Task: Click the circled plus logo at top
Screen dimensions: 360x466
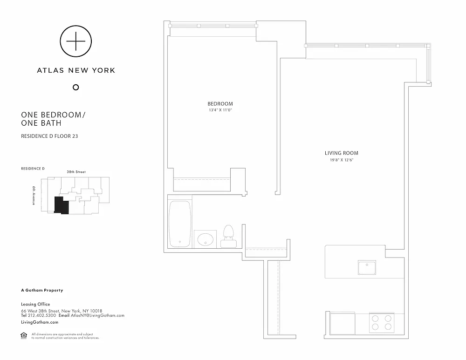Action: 76,41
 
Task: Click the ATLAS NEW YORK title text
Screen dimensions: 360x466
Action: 76,70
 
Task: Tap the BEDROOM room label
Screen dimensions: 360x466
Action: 220,104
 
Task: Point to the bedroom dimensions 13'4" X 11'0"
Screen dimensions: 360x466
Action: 220,110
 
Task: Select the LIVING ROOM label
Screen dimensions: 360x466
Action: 341,153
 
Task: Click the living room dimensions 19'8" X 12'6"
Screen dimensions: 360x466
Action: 341,160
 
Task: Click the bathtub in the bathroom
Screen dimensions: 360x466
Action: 179,224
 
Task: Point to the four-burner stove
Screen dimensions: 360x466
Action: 381,321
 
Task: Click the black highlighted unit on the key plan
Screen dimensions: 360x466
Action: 61,205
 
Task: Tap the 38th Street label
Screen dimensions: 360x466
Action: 76,172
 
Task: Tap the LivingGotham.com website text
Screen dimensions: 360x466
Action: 40,322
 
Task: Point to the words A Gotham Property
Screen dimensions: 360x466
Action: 42,290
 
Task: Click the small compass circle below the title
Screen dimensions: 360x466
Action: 76,87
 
